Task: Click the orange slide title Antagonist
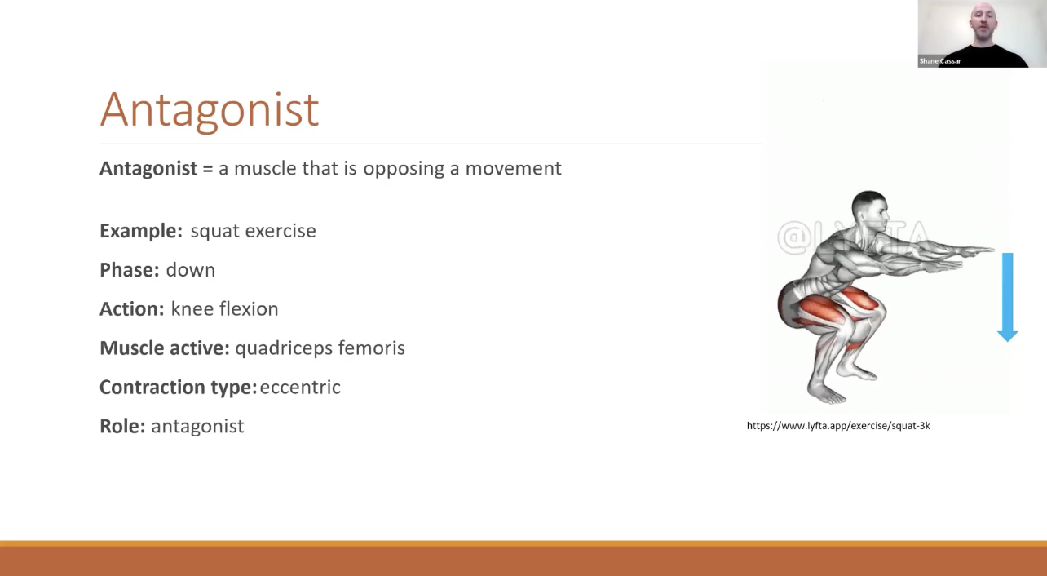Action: click(x=210, y=110)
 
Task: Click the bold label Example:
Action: click(x=141, y=231)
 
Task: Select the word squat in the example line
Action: click(x=215, y=232)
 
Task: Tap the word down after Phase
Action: click(x=191, y=270)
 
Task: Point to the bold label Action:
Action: click(x=132, y=308)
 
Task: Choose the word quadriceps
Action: click(x=284, y=348)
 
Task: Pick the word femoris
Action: click(x=372, y=348)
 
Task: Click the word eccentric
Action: click(x=300, y=387)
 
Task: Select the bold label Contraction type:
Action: click(x=178, y=388)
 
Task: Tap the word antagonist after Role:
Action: click(x=197, y=427)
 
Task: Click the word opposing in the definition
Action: click(x=404, y=169)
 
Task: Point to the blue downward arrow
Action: click(x=1007, y=297)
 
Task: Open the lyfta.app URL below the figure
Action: click(x=838, y=425)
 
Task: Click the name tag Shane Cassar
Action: click(x=940, y=60)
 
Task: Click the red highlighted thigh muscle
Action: click(x=822, y=310)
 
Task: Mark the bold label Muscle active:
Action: click(x=165, y=348)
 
